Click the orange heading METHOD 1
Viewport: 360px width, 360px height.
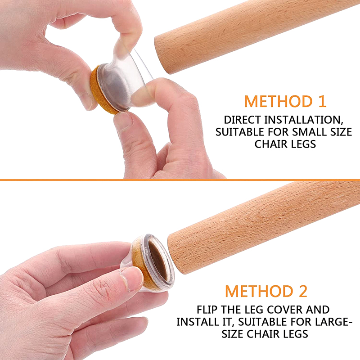point(285,101)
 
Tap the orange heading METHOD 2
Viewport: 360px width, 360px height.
point(266,291)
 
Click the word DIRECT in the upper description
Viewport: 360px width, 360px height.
point(242,120)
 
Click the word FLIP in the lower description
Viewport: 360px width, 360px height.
point(207,310)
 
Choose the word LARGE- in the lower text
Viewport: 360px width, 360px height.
point(333,322)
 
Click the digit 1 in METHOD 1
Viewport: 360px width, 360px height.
point(323,101)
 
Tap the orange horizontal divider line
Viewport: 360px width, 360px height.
point(180,180)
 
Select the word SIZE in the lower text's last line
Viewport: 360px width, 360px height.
point(232,334)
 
